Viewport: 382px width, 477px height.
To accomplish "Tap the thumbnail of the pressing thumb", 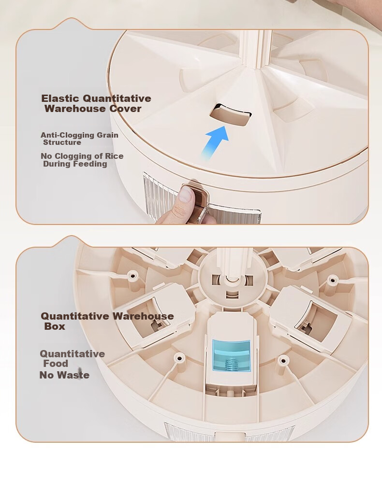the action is point(186,195).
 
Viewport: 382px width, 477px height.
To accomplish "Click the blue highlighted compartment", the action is point(231,356).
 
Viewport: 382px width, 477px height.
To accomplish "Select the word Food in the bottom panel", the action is point(56,364).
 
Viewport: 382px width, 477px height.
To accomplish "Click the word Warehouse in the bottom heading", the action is point(143,316).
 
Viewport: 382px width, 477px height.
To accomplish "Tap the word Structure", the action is point(62,142).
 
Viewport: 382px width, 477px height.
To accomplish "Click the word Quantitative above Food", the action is point(73,354).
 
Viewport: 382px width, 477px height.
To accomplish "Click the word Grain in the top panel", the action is point(107,135).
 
